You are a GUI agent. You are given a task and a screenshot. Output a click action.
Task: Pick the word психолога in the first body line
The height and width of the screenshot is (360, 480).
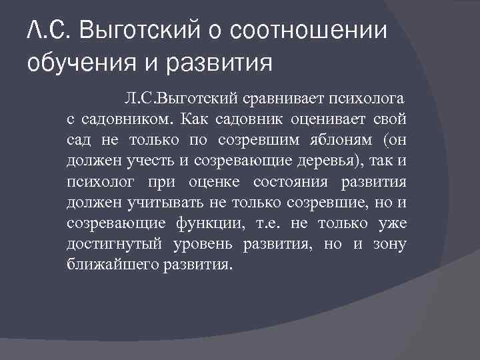pyautogui.click(x=365, y=100)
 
